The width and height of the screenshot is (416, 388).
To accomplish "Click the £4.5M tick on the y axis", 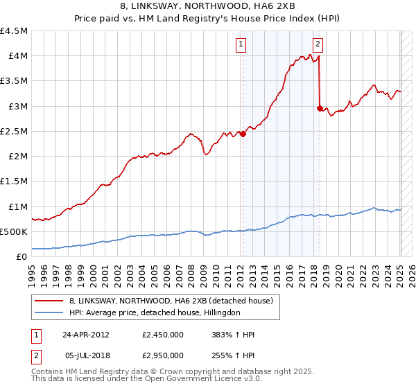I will (x=14, y=31).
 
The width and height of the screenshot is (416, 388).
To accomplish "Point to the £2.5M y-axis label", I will (x=14, y=131).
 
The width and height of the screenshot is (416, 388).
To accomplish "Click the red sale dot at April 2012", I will (x=243, y=134).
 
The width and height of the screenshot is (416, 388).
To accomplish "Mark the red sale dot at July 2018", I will (x=319, y=108).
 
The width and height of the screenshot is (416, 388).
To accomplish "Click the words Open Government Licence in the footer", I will (x=180, y=380).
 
